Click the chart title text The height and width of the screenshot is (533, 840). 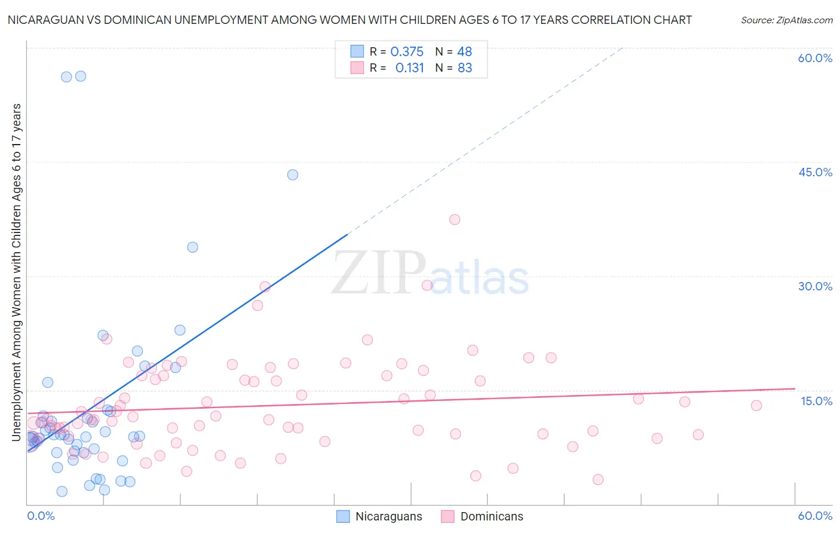point(350,20)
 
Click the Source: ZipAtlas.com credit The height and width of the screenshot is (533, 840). point(786,20)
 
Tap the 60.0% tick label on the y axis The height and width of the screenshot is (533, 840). point(815,58)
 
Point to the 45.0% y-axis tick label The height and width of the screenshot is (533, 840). point(815,172)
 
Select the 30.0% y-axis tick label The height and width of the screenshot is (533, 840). point(815,286)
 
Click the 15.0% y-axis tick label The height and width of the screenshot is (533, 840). point(816,401)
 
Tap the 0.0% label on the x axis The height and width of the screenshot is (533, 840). point(41,516)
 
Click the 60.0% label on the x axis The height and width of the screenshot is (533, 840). point(815,516)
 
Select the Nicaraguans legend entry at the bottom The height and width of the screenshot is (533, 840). point(379,516)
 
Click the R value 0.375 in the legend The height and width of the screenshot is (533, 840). point(407,52)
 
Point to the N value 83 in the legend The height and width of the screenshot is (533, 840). point(465,68)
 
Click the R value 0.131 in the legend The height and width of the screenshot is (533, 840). point(409,68)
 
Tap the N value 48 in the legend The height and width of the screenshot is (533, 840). point(465,52)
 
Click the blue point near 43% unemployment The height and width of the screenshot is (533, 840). point(293,175)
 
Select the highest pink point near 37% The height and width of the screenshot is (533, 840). point(455,219)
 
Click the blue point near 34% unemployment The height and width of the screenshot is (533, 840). point(192,247)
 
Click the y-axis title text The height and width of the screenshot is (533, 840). point(17,272)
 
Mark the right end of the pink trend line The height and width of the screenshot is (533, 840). point(795,388)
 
